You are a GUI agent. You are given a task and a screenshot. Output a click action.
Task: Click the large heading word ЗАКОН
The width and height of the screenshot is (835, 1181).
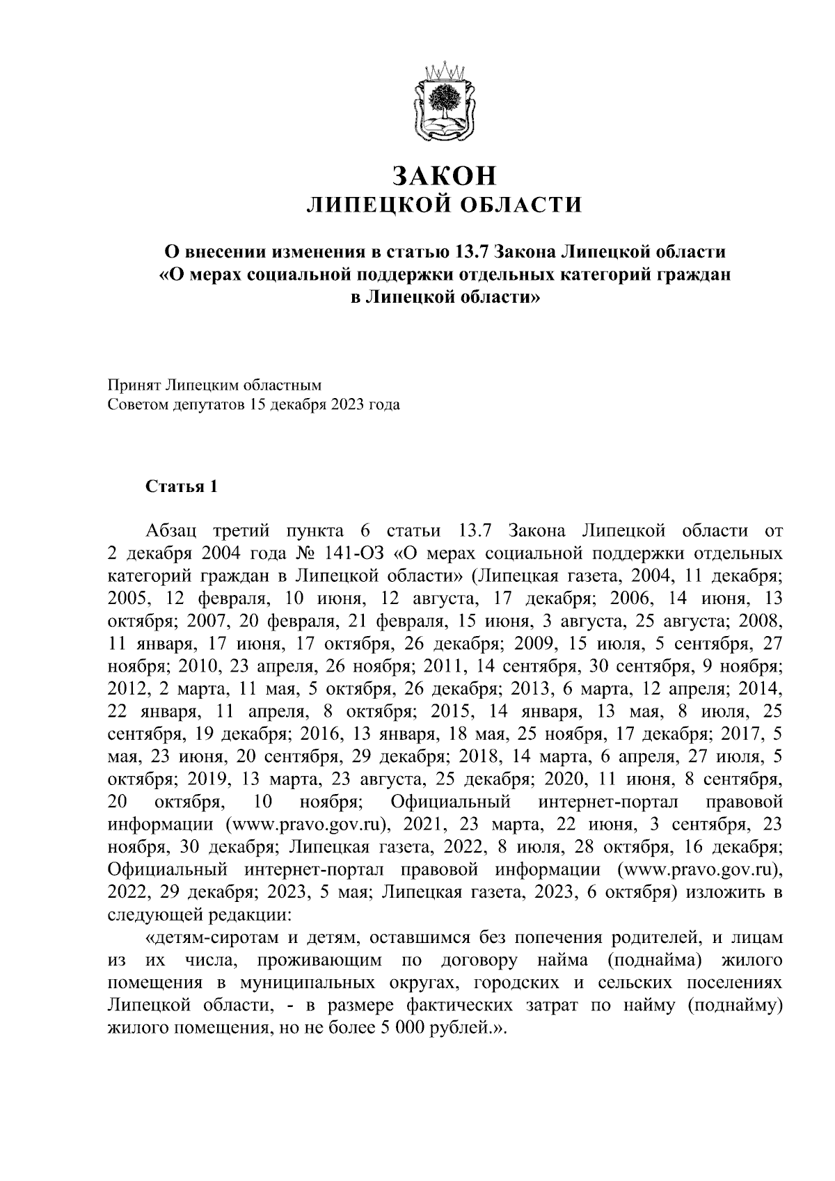point(445,176)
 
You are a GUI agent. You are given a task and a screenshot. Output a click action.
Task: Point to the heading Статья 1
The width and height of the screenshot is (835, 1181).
point(182,486)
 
